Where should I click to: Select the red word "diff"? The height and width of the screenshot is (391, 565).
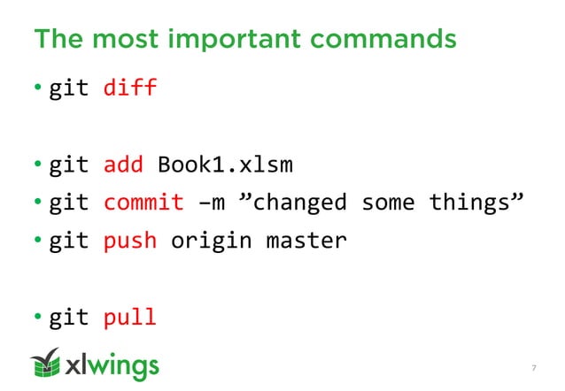(130, 88)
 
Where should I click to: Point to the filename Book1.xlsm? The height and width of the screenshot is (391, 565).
(225, 165)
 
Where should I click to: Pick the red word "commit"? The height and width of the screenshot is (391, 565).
(144, 203)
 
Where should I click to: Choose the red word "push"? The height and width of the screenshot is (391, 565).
(130, 240)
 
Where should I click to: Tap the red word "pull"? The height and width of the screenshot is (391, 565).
(130, 316)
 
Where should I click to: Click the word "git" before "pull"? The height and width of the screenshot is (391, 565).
(69, 316)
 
